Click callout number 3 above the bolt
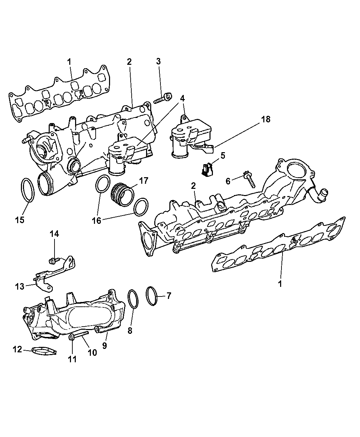pyautogui.click(x=158, y=62)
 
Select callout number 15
pyautogui.click(x=20, y=219)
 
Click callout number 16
pyautogui.click(x=97, y=220)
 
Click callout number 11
pyautogui.click(x=72, y=359)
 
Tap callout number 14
pyautogui.click(x=55, y=234)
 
